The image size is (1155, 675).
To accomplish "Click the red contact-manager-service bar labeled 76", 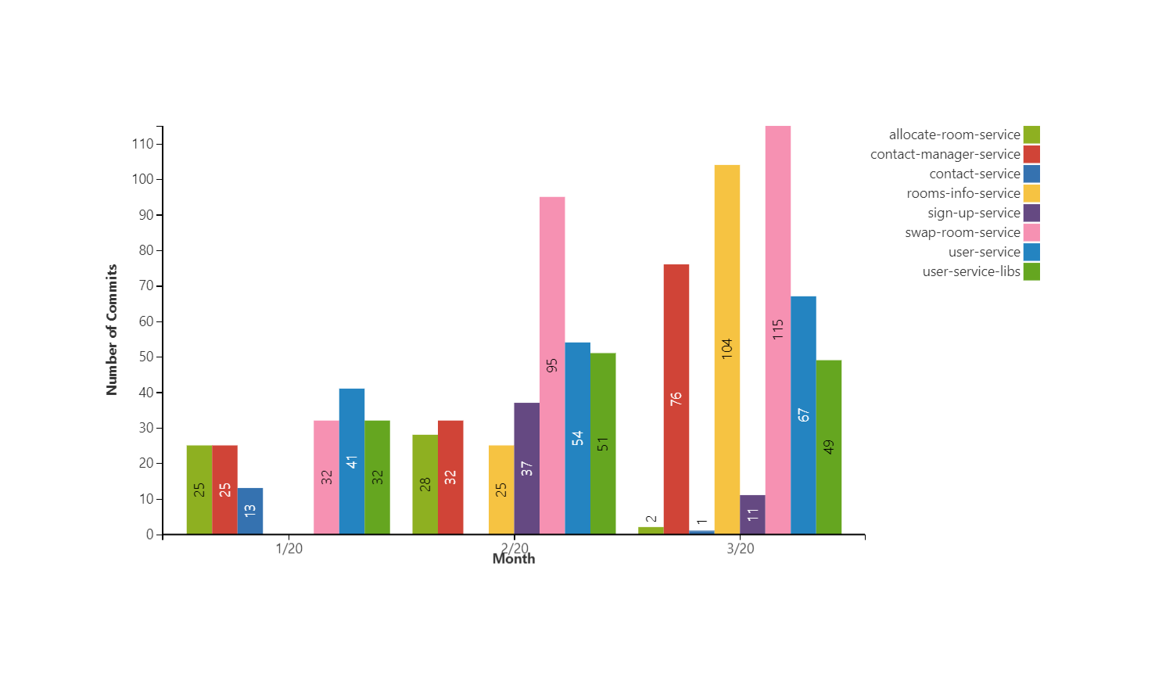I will click(676, 399).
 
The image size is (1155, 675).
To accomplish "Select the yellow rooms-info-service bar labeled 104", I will click(727, 349).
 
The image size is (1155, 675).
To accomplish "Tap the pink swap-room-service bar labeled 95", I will click(552, 365).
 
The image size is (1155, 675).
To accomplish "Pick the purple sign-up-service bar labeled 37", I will click(527, 468).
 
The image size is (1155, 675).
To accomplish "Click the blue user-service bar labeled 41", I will click(352, 461).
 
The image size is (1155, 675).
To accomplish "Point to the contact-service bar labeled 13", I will click(250, 511).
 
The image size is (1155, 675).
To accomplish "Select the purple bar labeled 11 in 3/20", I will click(752, 515).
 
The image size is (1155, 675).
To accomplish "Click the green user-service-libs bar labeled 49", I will click(829, 447).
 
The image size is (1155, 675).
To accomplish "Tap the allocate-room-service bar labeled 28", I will click(425, 484).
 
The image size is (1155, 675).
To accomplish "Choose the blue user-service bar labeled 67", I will click(803, 415).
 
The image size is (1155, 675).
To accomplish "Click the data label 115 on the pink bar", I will click(778, 329).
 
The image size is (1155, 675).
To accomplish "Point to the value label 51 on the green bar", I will click(603, 443).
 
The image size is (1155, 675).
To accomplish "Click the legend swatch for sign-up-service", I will click(1031, 213).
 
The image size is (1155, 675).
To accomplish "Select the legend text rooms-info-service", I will click(963, 193).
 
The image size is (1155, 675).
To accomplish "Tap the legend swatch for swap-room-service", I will click(1031, 232).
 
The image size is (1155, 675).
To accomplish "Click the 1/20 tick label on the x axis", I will click(289, 548).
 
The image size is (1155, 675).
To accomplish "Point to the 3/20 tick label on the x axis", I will click(741, 548).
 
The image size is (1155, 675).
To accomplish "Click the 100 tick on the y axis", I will click(143, 179).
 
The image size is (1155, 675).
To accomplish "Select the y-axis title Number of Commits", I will click(112, 329).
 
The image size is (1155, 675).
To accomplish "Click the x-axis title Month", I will click(514, 559).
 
